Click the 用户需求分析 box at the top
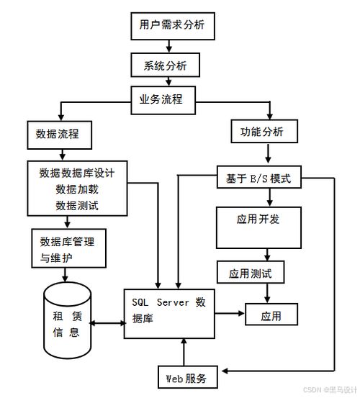click(x=171, y=25)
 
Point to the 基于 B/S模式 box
click(x=259, y=178)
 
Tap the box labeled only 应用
click(x=271, y=315)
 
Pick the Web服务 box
click(x=186, y=379)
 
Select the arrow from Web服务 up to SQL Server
click(x=186, y=352)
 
